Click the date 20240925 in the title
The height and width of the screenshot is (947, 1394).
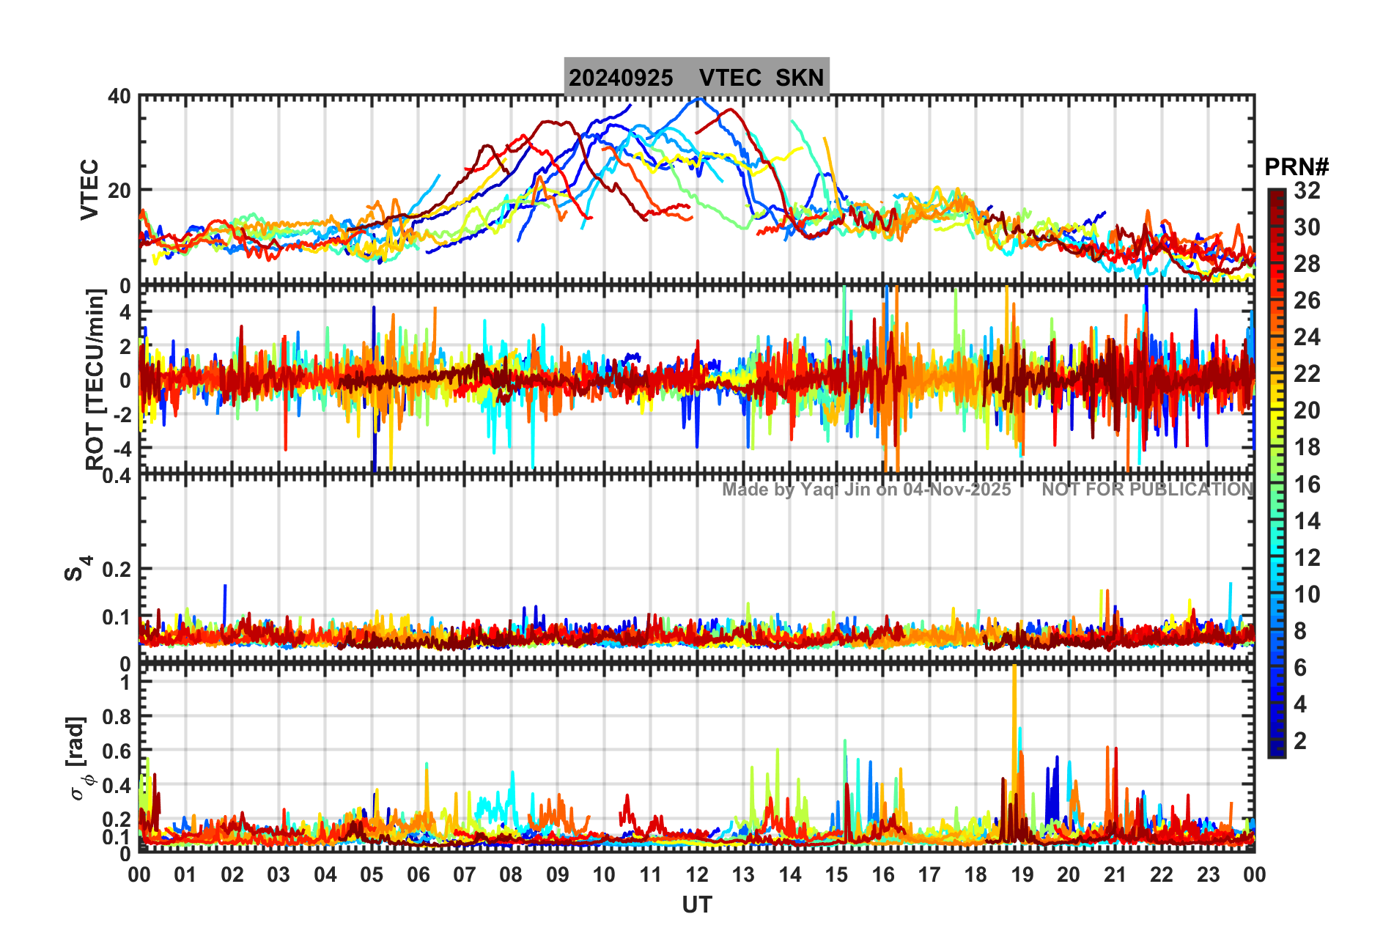tap(621, 78)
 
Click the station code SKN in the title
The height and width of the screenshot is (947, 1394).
tap(800, 78)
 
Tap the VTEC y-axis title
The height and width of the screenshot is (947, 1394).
tap(89, 190)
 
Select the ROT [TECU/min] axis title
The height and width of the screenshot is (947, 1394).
tap(95, 379)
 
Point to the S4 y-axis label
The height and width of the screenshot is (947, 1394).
tap(77, 569)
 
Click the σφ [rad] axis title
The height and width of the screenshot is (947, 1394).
tap(80, 759)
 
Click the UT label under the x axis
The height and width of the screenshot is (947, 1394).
tap(696, 905)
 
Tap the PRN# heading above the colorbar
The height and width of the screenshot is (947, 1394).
tap(1296, 167)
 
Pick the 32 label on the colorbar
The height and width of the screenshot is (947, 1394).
tap(1307, 191)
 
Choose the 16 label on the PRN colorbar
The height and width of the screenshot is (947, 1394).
tap(1307, 484)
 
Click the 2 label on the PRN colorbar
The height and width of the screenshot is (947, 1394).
tap(1300, 741)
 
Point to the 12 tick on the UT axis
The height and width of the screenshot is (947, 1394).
tap(696, 874)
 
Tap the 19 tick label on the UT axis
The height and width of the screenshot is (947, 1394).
tap(1022, 874)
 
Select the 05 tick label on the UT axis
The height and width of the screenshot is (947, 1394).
tap(372, 874)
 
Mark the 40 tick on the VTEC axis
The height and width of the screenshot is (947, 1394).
tap(119, 97)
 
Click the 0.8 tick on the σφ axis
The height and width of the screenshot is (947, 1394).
tap(117, 716)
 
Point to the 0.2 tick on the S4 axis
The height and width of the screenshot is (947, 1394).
tap(117, 569)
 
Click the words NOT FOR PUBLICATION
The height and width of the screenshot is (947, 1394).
tap(1148, 490)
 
